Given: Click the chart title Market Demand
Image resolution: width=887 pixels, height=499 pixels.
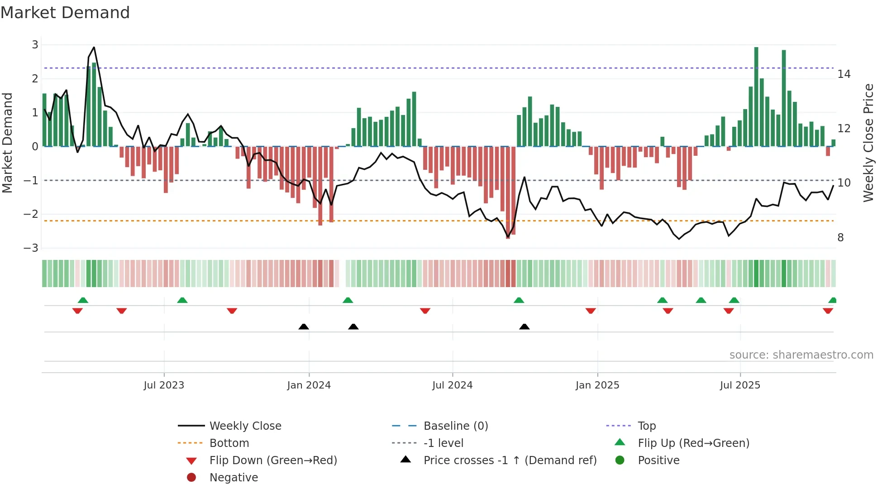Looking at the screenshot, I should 65,12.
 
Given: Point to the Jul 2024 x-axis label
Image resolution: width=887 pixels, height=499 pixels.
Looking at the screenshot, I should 452,385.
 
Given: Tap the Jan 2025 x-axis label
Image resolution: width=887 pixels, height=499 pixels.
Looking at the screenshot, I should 597,385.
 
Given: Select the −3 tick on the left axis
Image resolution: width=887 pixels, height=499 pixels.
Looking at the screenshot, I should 31,248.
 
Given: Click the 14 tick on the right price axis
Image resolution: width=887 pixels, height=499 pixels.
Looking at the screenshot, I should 844,74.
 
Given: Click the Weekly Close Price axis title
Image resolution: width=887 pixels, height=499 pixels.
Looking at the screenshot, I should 868,143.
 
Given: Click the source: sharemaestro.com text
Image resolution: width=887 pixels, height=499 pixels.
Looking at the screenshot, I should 801,355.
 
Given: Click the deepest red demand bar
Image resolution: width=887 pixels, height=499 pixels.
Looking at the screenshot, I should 508,192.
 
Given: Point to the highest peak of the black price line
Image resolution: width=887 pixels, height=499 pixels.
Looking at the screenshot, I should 94,47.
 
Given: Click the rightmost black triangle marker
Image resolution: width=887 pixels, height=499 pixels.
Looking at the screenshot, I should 524,326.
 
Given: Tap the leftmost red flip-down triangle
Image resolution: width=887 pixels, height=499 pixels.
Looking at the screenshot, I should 77,311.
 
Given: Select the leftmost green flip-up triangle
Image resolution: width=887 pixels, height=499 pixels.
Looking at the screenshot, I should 83,300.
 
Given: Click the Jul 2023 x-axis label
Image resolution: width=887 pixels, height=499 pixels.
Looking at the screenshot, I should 164,385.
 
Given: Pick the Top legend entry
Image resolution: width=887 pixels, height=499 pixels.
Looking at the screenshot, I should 646,426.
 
